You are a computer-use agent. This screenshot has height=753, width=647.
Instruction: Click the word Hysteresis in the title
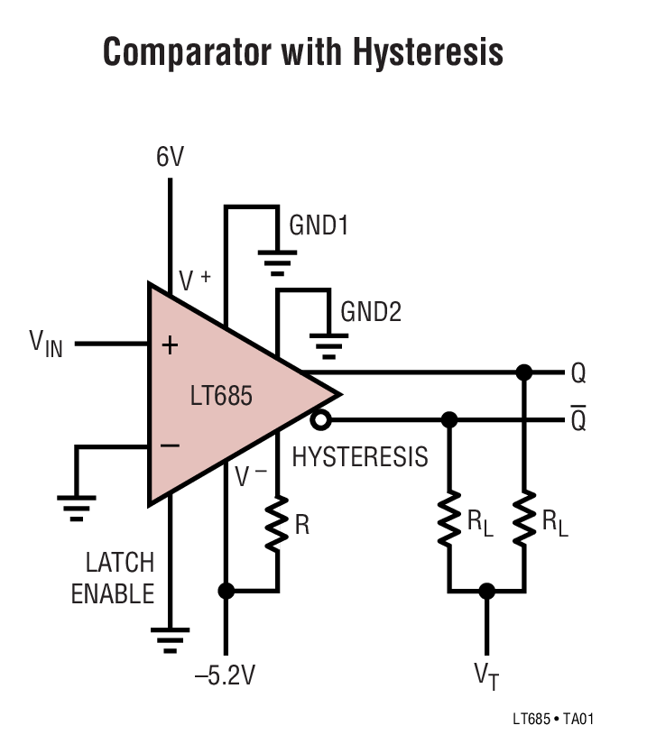(428, 53)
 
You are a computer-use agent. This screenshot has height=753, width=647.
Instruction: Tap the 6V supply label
(170, 158)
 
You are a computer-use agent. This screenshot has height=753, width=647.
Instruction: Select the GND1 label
(319, 225)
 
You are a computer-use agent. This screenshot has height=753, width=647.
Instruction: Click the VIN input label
(46, 343)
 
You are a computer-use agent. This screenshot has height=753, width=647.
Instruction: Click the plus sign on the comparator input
(170, 344)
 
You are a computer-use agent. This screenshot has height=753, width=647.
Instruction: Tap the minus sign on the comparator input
(170, 445)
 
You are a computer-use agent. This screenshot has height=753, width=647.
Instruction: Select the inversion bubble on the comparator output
(318, 420)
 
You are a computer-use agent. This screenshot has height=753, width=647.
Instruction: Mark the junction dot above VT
(487, 591)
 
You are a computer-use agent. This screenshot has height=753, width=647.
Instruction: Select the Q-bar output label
(578, 418)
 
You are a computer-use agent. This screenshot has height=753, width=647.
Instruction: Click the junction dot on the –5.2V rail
(226, 591)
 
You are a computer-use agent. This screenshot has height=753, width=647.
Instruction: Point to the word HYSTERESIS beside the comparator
(360, 457)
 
